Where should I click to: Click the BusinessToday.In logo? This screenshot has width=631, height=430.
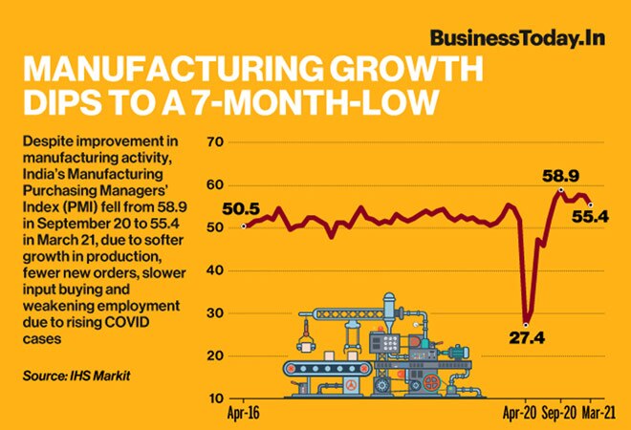[x=519, y=39]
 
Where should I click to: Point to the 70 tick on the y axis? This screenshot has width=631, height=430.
[x=216, y=142]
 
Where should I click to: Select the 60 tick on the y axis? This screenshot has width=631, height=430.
[x=216, y=185]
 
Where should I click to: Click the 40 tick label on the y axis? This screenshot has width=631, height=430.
[x=216, y=270]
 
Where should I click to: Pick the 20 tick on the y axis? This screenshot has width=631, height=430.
[x=216, y=355]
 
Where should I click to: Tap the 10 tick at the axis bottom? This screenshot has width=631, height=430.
[x=216, y=398]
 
